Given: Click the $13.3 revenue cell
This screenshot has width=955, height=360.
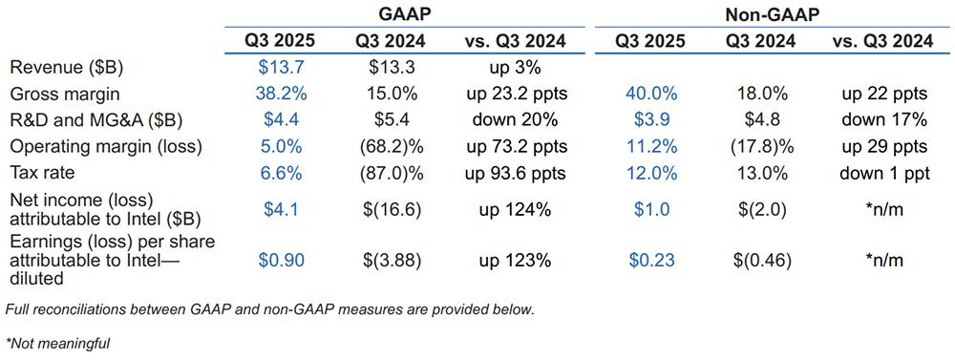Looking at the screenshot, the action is coord(388,68).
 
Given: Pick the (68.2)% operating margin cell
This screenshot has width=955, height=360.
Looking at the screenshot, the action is coord(388,147).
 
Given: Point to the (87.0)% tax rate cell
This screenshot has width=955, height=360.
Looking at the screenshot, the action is coord(388,173).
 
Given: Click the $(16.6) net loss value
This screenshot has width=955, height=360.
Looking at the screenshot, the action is coord(388,210).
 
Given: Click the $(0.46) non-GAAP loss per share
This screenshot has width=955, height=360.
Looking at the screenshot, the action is coord(762,261).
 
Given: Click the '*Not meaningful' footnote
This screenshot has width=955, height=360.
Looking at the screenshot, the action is coord(57,344).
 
